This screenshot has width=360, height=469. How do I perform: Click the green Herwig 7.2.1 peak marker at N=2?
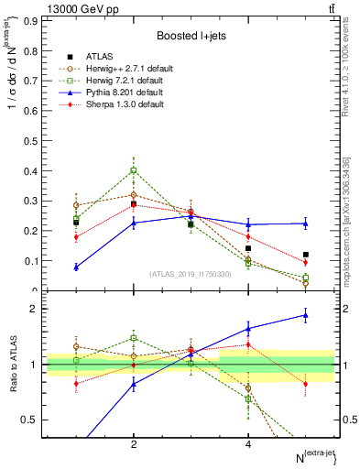click(x=134, y=170)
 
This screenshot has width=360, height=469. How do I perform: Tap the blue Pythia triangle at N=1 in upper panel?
click(x=76, y=267)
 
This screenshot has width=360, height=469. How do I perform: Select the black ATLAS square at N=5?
click(x=306, y=255)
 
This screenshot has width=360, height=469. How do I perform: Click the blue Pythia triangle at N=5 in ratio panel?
click(x=306, y=315)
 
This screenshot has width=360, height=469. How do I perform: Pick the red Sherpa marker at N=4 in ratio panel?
click(x=248, y=344)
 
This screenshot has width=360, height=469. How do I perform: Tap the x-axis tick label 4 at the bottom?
click(x=248, y=443)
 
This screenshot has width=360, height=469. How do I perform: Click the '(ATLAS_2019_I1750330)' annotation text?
click(x=191, y=274)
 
